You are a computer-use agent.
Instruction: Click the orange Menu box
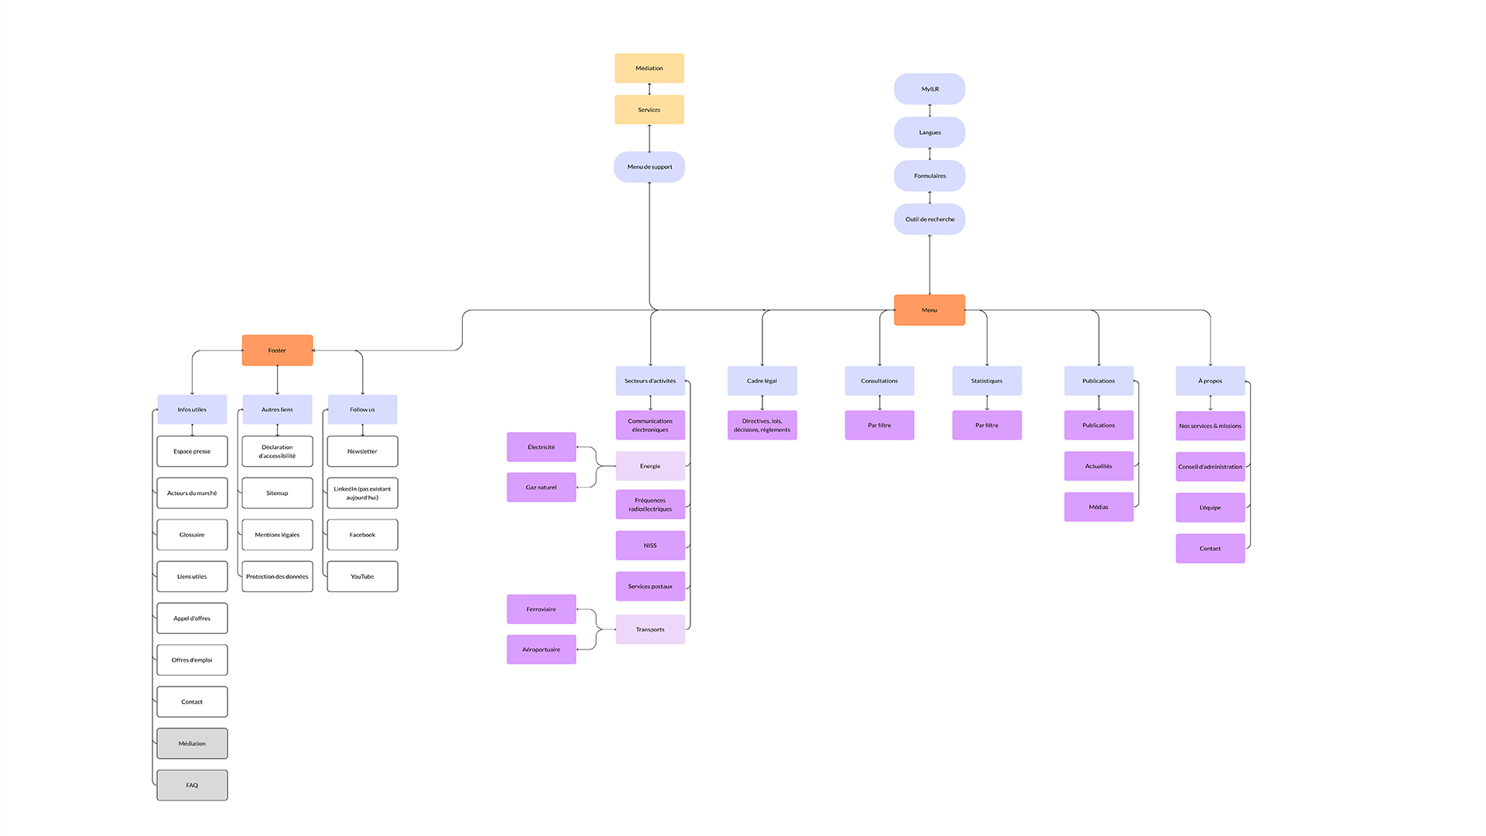coord(929,310)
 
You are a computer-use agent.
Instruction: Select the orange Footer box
coord(277,350)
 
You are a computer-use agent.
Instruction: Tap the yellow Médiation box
coord(649,68)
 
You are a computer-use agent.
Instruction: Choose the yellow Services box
coord(649,110)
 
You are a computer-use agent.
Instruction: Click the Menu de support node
coord(649,166)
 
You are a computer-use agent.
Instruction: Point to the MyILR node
coord(930,89)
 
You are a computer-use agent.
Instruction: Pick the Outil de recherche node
coord(930,219)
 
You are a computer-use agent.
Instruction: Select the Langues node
coord(930,132)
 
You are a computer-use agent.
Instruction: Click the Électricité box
coord(541,447)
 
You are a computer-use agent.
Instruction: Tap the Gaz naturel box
coord(541,487)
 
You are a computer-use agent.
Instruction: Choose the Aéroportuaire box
coord(541,649)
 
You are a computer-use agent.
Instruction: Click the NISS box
coord(650,545)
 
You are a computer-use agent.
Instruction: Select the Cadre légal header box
coord(762,381)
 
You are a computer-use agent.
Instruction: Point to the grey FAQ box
coord(192,785)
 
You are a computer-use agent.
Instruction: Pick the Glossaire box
coord(192,535)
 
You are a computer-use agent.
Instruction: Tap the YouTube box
coord(362,577)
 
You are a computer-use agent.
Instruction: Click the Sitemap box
coord(277,493)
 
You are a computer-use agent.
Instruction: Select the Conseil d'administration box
coord(1210,467)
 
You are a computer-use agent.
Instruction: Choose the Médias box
coord(1098,507)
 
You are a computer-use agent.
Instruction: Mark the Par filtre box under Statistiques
coord(987,425)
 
